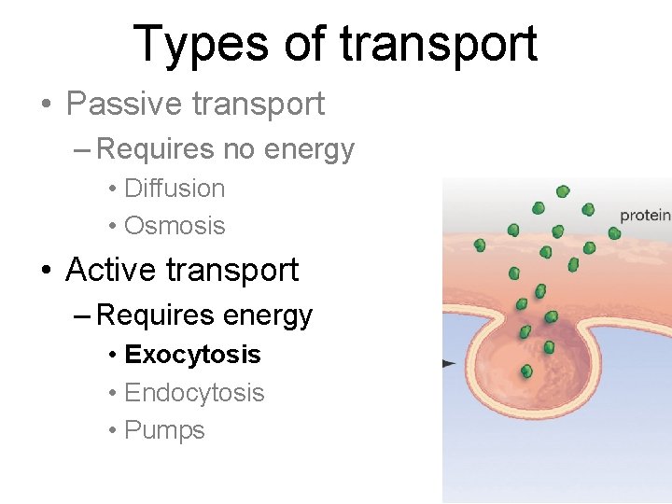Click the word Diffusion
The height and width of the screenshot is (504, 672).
(x=175, y=189)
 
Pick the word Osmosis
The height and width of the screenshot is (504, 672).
(x=175, y=226)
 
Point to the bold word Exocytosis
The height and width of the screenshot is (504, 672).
(x=192, y=355)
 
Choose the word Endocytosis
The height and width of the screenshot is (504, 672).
(x=194, y=393)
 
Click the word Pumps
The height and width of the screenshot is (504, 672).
(x=164, y=431)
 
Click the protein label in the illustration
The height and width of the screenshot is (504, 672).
(x=645, y=216)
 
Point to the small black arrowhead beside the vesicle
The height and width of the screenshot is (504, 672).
(x=448, y=362)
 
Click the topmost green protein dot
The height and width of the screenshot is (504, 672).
(x=563, y=191)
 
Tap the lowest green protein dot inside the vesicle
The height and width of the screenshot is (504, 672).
(x=526, y=371)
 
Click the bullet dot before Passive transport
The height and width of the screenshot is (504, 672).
(x=46, y=105)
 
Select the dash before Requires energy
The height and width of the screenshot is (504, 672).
(x=82, y=316)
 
